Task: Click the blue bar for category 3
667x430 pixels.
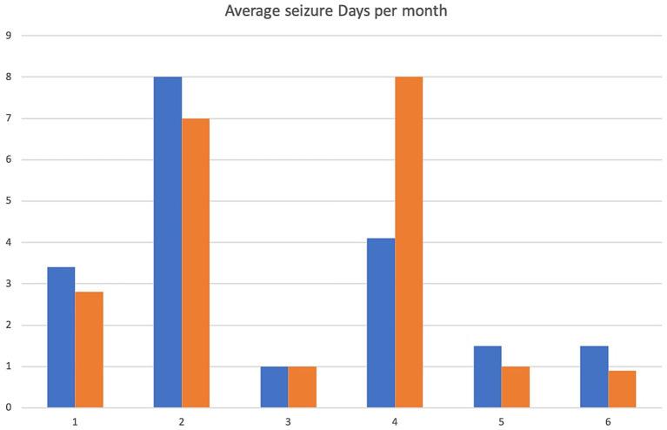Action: coord(274,387)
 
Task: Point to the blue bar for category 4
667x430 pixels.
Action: coord(381,323)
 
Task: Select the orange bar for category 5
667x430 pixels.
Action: coord(516,387)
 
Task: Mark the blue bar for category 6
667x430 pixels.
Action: coord(594,377)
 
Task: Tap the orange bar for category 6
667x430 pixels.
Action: coord(622,389)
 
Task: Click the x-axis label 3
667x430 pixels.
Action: coord(288,420)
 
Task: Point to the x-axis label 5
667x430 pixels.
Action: coord(502,420)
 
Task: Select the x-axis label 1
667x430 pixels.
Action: coord(75,420)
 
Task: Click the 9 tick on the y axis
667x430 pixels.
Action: coord(8,36)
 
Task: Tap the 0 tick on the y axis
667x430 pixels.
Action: coord(8,407)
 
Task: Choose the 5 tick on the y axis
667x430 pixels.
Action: coord(8,201)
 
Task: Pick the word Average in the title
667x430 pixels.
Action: coord(250,12)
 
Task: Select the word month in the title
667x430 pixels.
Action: coord(423,12)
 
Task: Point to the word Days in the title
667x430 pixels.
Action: coord(348,12)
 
